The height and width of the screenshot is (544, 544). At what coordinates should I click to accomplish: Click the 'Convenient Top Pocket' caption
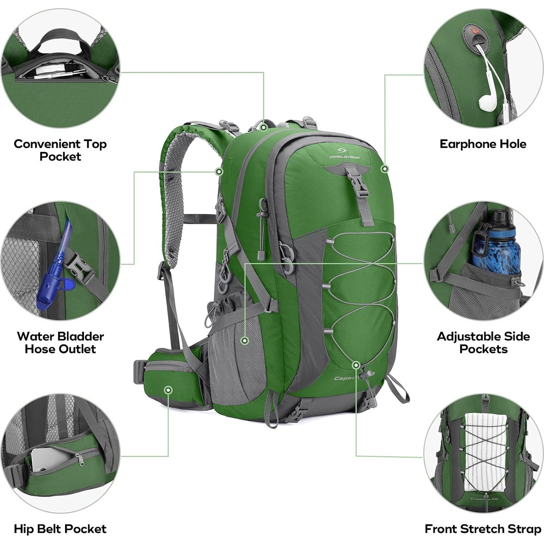[60, 150]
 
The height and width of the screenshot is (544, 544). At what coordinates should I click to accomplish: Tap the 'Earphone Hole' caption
[483, 144]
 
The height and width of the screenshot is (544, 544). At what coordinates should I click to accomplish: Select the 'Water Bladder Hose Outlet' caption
[60, 342]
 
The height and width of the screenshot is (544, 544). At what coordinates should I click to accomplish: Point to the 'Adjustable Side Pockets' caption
[483, 342]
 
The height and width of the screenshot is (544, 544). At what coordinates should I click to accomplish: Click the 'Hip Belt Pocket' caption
[60, 529]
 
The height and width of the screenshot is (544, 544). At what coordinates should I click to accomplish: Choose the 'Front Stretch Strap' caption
[483, 529]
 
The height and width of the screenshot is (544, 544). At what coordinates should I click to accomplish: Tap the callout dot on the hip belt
[168, 390]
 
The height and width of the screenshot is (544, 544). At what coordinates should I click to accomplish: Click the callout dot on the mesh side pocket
[245, 340]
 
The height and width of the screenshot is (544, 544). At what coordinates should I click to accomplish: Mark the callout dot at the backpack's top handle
[264, 127]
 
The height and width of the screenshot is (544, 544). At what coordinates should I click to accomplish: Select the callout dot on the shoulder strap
[219, 172]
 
